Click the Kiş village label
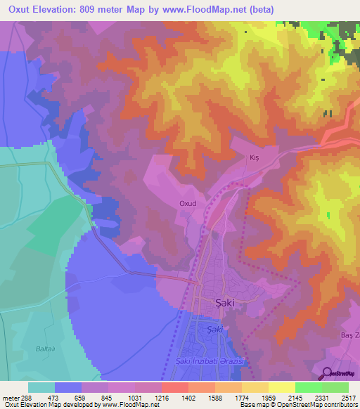point(255,159)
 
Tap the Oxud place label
point(187,204)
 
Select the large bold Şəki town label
point(224,303)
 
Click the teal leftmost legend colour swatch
point(41,387)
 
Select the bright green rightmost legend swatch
point(335,387)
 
